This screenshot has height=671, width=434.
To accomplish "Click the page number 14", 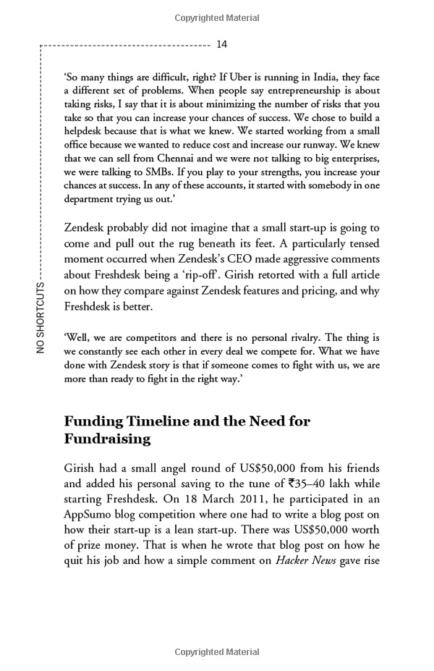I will pyautogui.click(x=222, y=45).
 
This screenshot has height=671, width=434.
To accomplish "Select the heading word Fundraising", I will pyautogui.click(x=107, y=439).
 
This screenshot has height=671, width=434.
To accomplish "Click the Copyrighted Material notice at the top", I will pyautogui.click(x=216, y=16).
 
